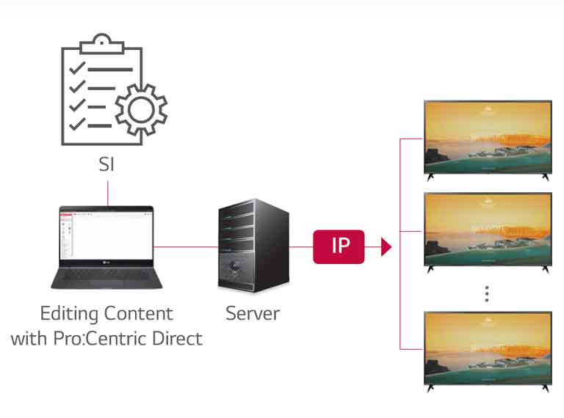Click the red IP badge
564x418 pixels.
coord(339,246)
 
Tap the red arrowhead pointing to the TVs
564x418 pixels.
coord(386,246)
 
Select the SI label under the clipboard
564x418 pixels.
coord(107,166)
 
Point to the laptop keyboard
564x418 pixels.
coord(103,275)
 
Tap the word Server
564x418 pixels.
coord(253,314)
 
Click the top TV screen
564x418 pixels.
coord(488,136)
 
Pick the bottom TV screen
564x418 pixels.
coord(488,347)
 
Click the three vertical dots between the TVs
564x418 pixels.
coord(486,293)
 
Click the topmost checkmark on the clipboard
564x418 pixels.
coord(76,70)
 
